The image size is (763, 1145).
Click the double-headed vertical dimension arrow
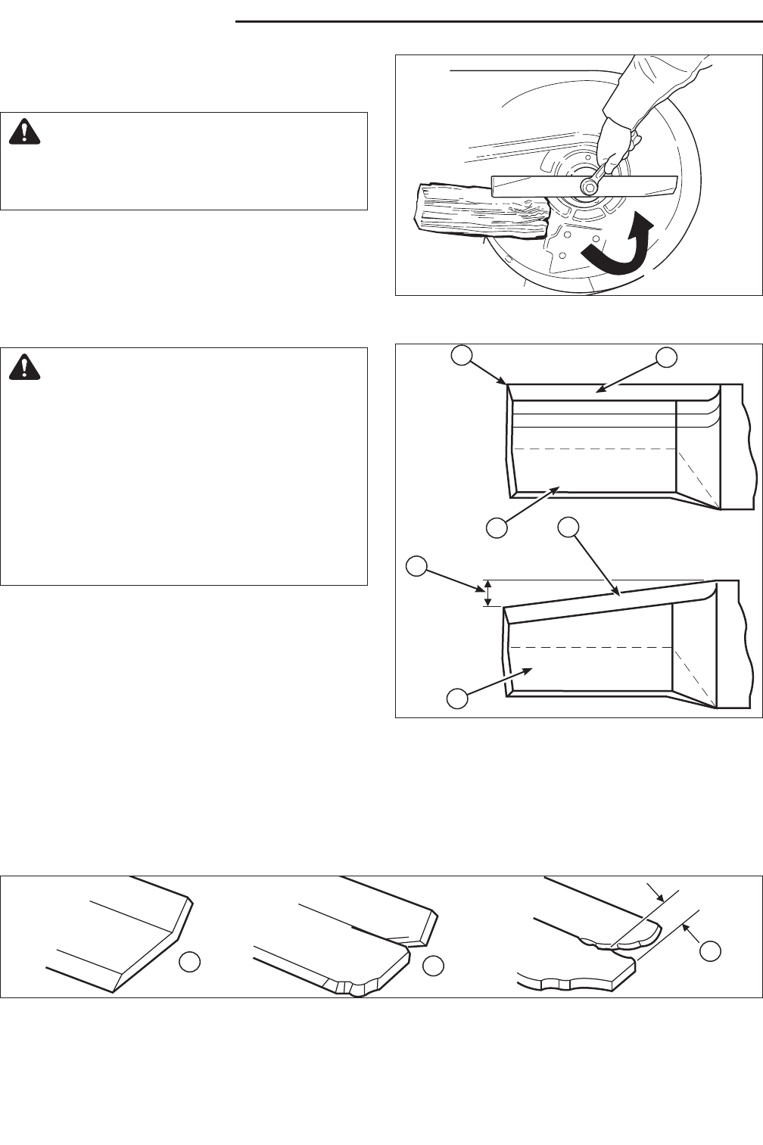click(488, 593)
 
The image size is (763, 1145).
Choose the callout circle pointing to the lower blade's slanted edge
click(568, 528)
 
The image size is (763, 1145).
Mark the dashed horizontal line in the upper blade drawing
click(593, 449)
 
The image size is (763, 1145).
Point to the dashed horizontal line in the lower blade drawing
click(590, 648)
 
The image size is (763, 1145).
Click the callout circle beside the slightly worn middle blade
click(433, 965)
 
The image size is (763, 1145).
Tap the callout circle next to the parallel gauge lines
click(709, 951)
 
